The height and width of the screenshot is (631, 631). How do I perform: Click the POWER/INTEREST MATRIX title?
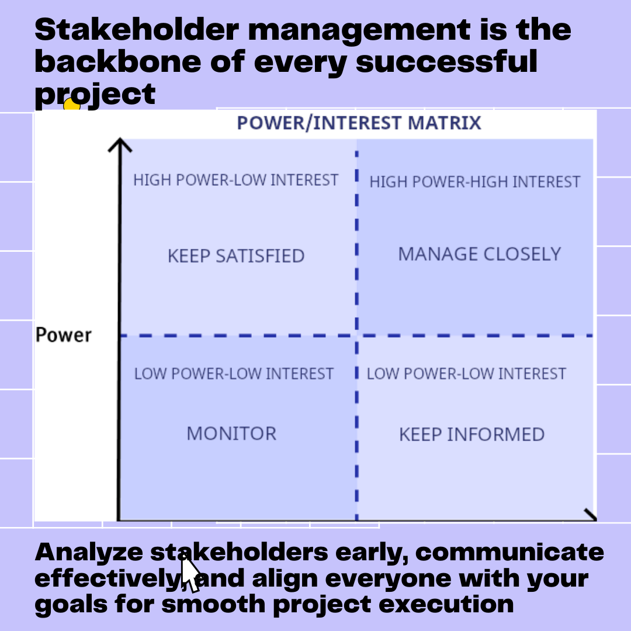[x=359, y=123]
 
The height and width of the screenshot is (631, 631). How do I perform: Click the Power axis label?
[x=64, y=335]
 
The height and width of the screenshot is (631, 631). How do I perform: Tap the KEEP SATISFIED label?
[x=236, y=256]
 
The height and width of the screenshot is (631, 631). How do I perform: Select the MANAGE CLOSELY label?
[x=479, y=254]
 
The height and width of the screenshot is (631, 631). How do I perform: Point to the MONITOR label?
[x=231, y=434]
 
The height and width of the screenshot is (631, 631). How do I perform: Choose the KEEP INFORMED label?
[x=471, y=435]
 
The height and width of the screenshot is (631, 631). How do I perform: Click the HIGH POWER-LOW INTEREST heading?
[x=235, y=180]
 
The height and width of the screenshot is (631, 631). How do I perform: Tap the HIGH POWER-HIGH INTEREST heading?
[x=474, y=182]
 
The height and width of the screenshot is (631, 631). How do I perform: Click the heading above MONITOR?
[x=234, y=374]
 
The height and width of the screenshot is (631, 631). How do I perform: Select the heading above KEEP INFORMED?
[x=466, y=374]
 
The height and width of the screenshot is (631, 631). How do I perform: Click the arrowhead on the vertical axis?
[x=120, y=145]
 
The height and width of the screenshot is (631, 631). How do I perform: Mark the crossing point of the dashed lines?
[x=356, y=336]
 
